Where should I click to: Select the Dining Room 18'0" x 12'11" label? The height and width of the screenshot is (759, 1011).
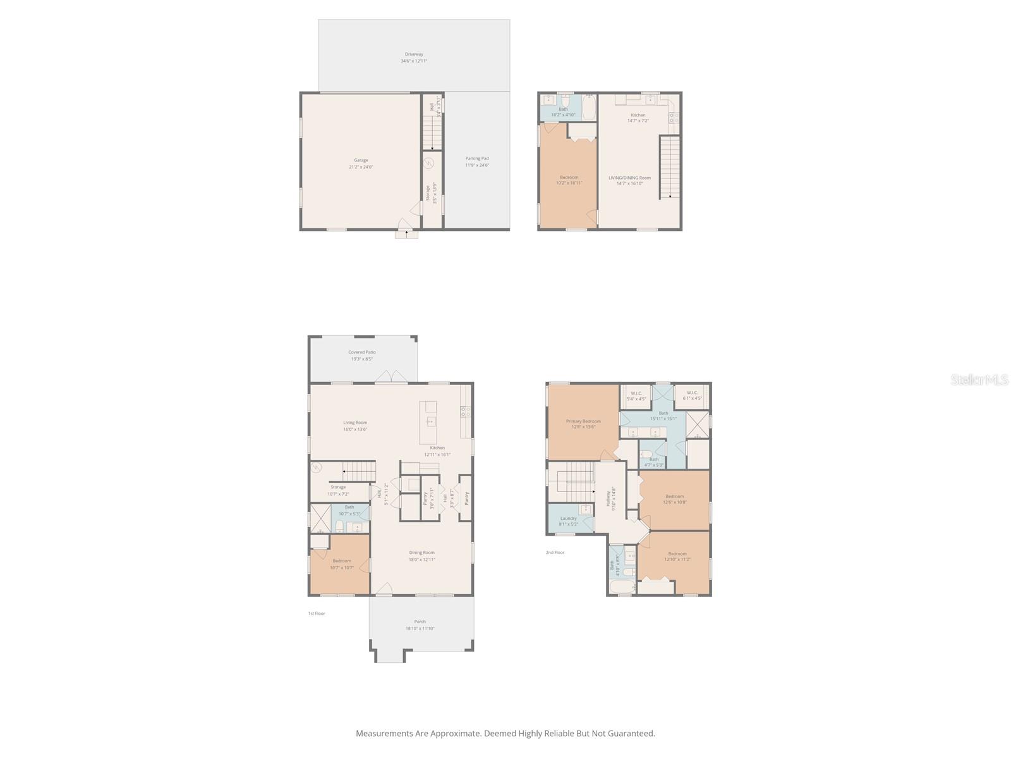[x=421, y=556]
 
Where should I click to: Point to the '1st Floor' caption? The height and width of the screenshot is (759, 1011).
[x=317, y=614]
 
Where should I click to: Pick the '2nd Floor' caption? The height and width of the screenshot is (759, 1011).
[x=555, y=553]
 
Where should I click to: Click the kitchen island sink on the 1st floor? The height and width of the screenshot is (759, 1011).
[x=430, y=421]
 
